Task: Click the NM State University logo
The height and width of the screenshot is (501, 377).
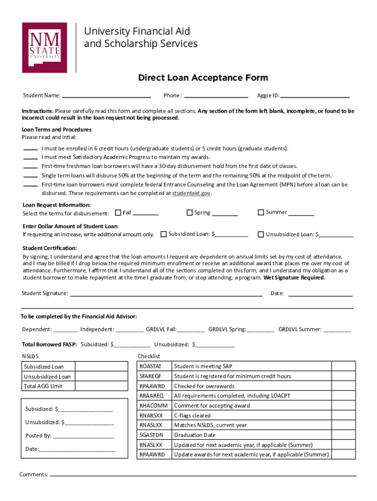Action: coord(44,47)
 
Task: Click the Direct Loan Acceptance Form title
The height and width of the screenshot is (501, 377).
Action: coord(203,78)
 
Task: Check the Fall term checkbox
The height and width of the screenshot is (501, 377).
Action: coord(118,213)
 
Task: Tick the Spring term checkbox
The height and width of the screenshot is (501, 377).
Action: coord(189,213)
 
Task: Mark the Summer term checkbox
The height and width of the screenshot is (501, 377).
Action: coord(261,212)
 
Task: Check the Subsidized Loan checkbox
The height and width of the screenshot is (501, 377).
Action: coord(164,234)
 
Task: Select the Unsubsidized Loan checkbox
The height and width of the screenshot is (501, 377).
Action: coord(261,234)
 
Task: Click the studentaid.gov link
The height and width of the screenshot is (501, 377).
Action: coord(191,193)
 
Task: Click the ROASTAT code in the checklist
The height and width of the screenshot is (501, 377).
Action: coord(150,366)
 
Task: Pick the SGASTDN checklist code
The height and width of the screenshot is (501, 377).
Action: coord(151,435)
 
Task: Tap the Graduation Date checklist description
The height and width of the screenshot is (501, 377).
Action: coord(194,435)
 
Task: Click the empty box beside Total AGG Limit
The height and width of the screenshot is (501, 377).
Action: coord(101,387)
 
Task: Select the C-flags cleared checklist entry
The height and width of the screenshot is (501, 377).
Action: coord(192,415)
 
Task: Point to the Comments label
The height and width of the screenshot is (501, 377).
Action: coord(33,475)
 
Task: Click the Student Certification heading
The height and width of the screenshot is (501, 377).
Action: coord(49,248)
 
